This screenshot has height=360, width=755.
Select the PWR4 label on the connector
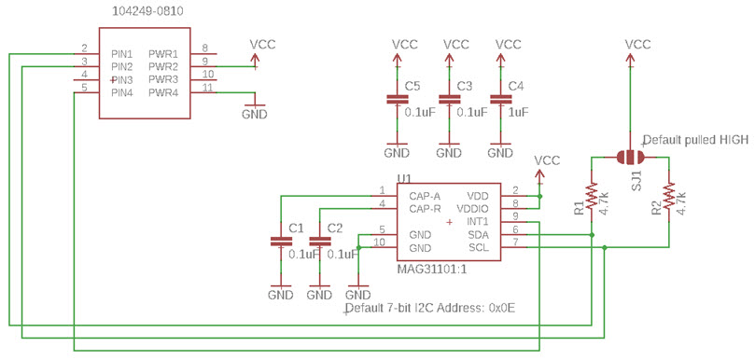pyautogui.click(x=163, y=92)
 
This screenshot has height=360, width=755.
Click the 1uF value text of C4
pyautogui.click(x=518, y=112)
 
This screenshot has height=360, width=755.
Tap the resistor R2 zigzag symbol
pyautogui.click(x=668, y=195)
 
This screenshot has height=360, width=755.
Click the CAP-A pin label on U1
pyautogui.click(x=424, y=196)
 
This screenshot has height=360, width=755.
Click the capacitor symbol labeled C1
pyautogui.click(x=281, y=242)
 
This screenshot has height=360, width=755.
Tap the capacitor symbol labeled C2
pyautogui.click(x=319, y=242)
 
